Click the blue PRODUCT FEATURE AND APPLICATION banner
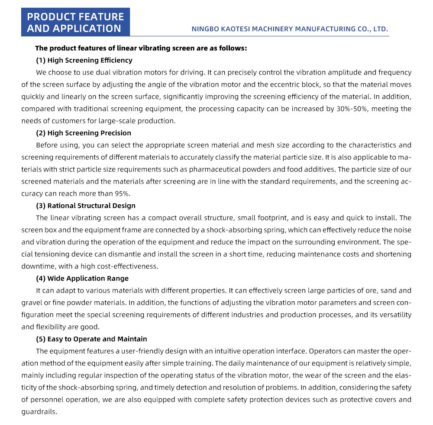(75, 23)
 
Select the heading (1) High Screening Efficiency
(84, 60)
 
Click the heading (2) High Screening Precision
(83, 133)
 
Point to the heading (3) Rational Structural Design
(85, 206)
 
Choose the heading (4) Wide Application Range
(82, 278)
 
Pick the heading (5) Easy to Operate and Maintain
(91, 339)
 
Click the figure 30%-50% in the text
(351, 109)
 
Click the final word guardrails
(39, 412)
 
